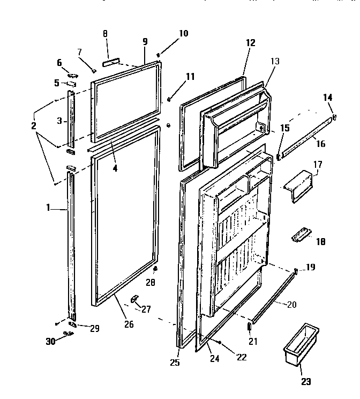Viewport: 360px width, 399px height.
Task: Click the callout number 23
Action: pos(305,382)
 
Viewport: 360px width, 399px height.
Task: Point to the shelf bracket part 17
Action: pos(298,185)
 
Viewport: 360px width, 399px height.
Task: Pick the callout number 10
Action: pos(183,33)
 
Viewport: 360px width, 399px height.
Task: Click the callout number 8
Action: pos(105,33)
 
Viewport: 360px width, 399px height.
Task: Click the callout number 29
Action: pos(94,329)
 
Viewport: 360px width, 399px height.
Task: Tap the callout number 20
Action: pos(291,305)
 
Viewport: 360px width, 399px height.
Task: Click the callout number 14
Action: pos(328,97)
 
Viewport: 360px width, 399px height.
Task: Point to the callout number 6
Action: pos(59,63)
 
